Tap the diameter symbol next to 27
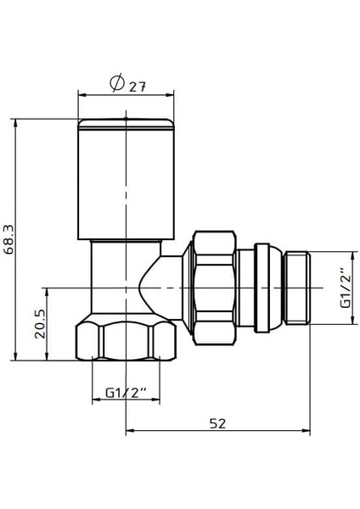(118, 83)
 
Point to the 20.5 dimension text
(40, 323)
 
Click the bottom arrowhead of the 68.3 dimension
(16, 355)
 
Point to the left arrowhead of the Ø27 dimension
(82, 93)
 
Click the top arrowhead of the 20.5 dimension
(48, 289)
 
